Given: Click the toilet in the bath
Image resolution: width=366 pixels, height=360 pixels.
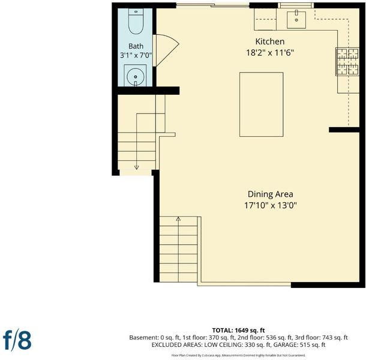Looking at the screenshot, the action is click(x=136, y=21).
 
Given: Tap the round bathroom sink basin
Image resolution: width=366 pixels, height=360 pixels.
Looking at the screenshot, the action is click(x=136, y=77).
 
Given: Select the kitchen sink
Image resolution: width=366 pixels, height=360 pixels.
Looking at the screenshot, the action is click(x=296, y=20).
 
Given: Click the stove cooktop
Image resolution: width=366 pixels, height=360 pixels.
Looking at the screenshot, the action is click(x=347, y=62).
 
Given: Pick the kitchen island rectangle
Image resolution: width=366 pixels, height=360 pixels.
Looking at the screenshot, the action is click(x=261, y=104).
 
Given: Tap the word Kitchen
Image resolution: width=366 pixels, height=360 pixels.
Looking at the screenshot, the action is click(x=270, y=41).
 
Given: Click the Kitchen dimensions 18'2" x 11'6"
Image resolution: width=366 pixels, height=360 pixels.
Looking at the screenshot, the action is click(x=270, y=53).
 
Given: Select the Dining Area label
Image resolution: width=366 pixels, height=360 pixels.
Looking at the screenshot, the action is click(x=270, y=194).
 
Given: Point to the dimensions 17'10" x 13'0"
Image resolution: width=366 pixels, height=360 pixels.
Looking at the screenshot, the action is click(x=270, y=205).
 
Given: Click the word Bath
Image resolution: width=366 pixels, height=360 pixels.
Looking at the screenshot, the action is click(x=136, y=46).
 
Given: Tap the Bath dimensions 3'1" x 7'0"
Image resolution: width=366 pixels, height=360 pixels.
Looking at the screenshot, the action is click(x=136, y=55).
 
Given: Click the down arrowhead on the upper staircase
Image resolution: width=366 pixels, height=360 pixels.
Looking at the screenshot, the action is click(x=137, y=167).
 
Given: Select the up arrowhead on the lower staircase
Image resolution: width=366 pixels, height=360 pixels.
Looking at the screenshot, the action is click(x=178, y=219).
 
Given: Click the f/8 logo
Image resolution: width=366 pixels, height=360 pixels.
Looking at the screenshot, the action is click(x=17, y=340).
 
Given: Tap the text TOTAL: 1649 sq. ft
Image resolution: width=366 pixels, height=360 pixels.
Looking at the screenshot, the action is click(x=238, y=331).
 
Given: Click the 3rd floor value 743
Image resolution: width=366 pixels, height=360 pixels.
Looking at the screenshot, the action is click(x=327, y=337).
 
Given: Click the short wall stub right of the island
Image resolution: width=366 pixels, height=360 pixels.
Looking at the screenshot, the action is click(x=344, y=130).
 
